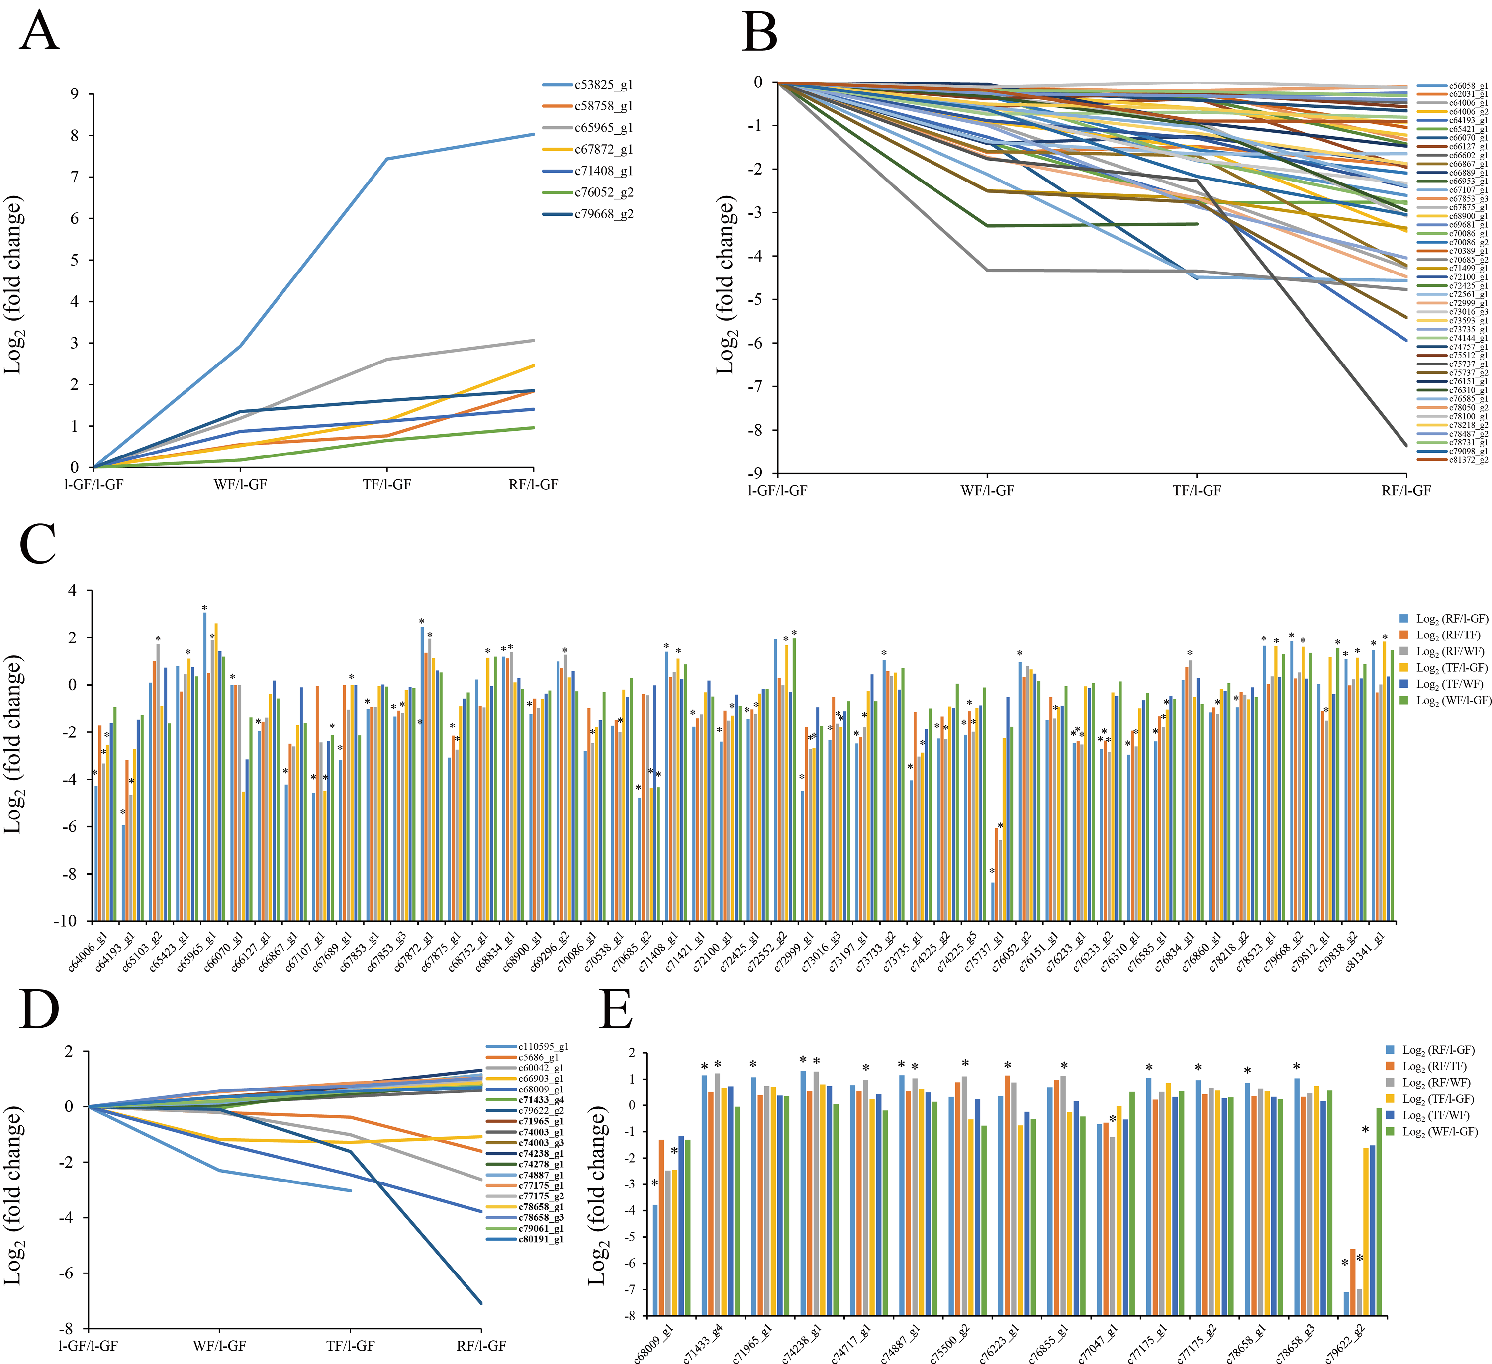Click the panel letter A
tap(39, 31)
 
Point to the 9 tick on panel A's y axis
tap(74, 94)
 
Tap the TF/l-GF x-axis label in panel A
tap(386, 485)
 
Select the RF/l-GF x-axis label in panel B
tap(1405, 491)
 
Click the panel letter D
tap(39, 1010)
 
